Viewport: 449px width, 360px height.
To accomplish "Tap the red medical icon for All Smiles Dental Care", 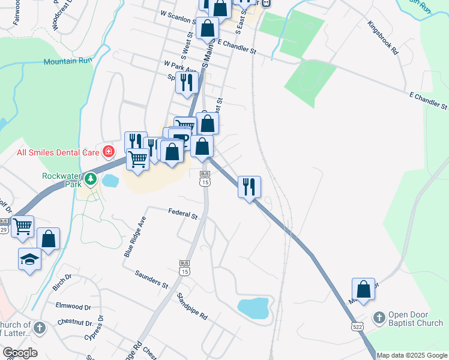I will (x=108, y=151).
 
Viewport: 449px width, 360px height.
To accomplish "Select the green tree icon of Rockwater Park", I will (x=90, y=178).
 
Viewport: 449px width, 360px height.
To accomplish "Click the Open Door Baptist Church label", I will (x=415, y=319).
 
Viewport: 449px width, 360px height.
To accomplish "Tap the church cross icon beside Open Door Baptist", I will (x=379, y=317).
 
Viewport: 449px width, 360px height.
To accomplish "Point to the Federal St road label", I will (x=183, y=213).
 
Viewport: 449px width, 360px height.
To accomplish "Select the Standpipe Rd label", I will (x=192, y=306).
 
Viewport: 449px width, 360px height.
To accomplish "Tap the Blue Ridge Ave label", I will (x=135, y=237).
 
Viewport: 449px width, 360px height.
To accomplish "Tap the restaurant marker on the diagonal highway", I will (x=249, y=187).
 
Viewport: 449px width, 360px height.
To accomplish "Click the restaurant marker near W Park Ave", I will (x=187, y=82).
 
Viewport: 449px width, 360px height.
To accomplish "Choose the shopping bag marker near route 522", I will (x=363, y=289).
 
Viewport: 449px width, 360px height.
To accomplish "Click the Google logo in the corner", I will (x=20, y=353).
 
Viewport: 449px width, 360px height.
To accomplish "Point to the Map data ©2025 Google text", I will (x=412, y=355).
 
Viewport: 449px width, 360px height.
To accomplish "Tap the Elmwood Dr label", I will (x=73, y=307).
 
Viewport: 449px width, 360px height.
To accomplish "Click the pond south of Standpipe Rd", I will (x=253, y=307).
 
